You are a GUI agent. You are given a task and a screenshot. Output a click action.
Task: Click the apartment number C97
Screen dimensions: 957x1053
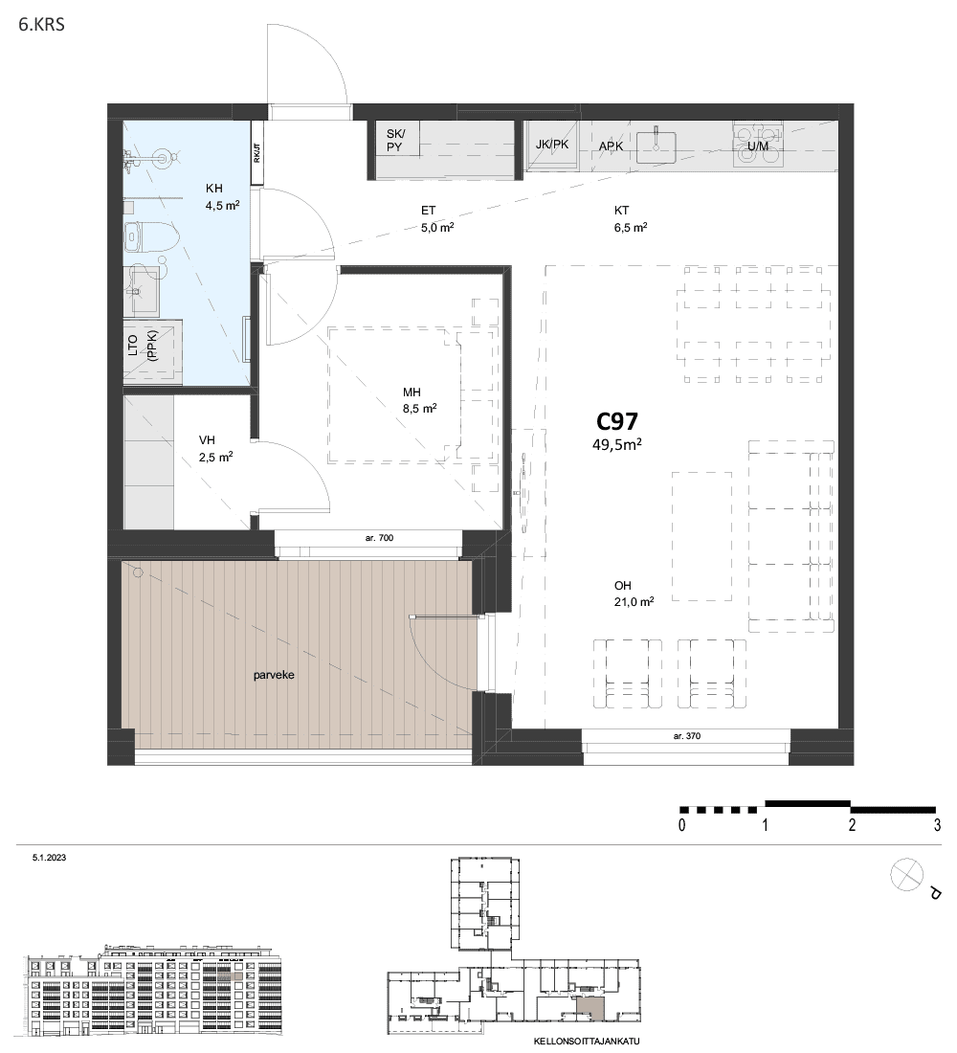(617, 421)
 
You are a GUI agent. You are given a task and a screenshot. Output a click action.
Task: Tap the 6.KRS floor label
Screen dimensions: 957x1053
(42, 26)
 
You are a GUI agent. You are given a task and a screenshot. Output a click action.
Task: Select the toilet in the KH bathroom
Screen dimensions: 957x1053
(152, 237)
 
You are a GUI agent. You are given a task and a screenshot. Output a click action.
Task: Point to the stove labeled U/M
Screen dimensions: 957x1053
(758, 144)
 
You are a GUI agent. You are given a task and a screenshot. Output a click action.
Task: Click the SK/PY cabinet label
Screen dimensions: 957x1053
(395, 140)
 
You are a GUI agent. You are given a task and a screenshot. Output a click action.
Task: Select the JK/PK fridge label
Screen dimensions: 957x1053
(552, 144)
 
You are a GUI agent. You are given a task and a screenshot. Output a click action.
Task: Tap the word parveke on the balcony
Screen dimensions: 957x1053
(274, 675)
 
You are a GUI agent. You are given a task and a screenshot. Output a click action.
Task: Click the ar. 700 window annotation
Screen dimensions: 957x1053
(379, 538)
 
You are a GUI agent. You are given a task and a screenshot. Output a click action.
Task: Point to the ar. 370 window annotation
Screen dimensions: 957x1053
(687, 736)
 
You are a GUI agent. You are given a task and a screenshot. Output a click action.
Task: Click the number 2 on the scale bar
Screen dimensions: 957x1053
(852, 824)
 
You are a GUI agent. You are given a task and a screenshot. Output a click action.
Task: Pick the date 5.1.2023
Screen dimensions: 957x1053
(49, 858)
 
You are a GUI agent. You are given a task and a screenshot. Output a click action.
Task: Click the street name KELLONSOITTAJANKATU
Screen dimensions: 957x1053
(587, 1042)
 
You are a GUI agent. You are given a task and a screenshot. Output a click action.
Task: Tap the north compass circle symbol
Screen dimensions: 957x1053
(906, 876)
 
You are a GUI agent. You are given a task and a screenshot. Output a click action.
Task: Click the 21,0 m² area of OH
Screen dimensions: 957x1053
(634, 602)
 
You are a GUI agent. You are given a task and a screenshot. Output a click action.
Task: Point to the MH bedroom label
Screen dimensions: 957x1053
(412, 392)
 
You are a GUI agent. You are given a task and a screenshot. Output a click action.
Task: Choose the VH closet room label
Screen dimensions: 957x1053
(207, 440)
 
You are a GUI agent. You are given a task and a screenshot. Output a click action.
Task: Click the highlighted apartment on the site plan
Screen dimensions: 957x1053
(590, 1007)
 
